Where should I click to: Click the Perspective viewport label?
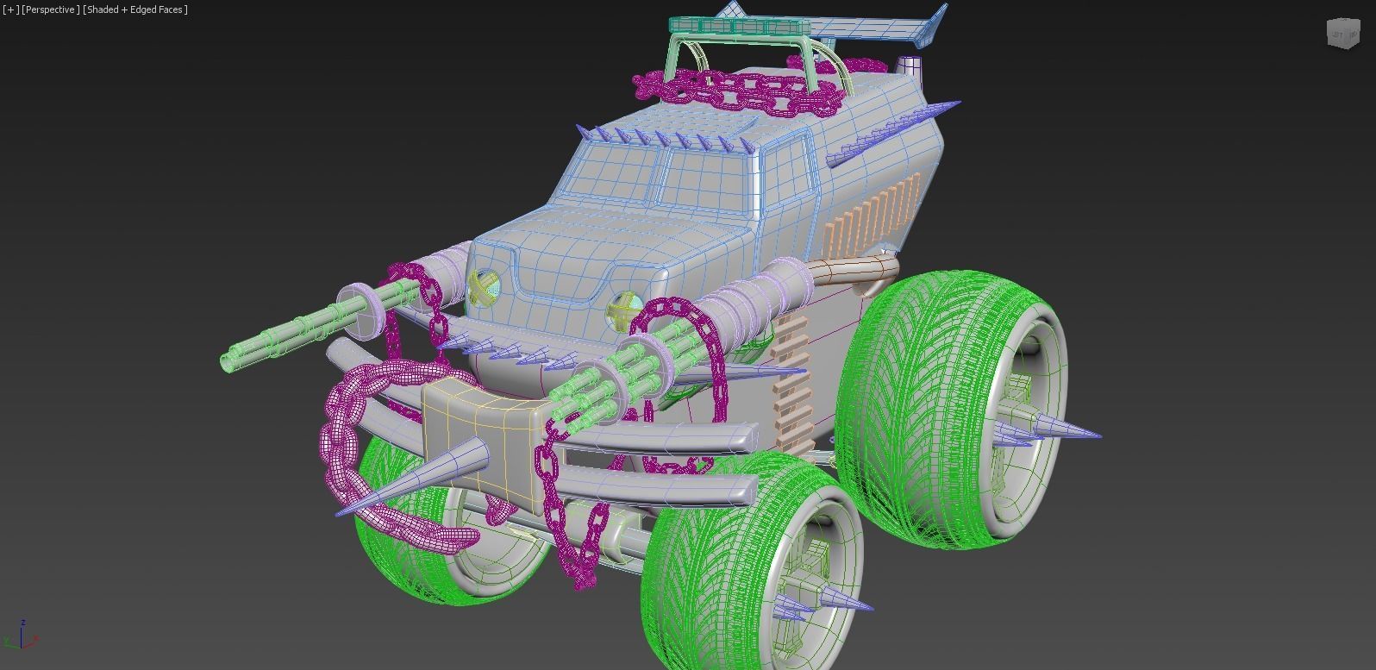click(x=51, y=9)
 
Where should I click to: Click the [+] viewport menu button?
click(x=10, y=9)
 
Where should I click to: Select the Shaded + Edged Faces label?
click(x=135, y=9)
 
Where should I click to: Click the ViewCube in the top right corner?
click(x=1342, y=34)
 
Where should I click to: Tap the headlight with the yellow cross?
click(x=484, y=286)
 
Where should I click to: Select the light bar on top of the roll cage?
click(x=733, y=26)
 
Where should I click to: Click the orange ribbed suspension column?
click(x=793, y=379)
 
